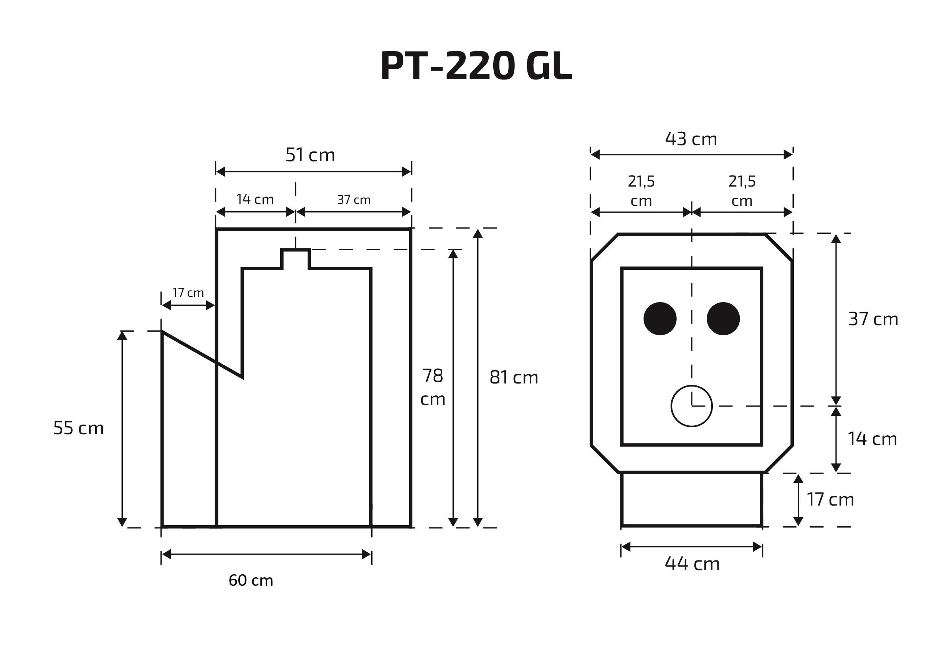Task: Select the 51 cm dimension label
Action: click(x=310, y=155)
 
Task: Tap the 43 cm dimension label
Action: click(x=691, y=139)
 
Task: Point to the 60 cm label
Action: click(x=251, y=580)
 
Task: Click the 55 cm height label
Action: click(x=78, y=428)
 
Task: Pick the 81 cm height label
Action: click(x=513, y=377)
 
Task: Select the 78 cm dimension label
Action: click(x=433, y=387)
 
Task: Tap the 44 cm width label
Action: click(x=692, y=564)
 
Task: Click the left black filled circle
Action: click(x=660, y=319)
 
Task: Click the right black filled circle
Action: click(x=723, y=319)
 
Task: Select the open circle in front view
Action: click(x=691, y=406)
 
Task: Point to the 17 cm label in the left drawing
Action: click(x=188, y=293)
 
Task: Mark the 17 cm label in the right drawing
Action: click(x=830, y=499)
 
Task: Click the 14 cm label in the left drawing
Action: click(x=255, y=200)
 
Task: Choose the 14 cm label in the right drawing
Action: click(x=872, y=439)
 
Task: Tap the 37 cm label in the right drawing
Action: click(x=873, y=319)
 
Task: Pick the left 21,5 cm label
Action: click(x=641, y=191)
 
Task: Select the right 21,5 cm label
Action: click(x=742, y=191)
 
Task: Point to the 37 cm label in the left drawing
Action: click(x=354, y=200)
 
